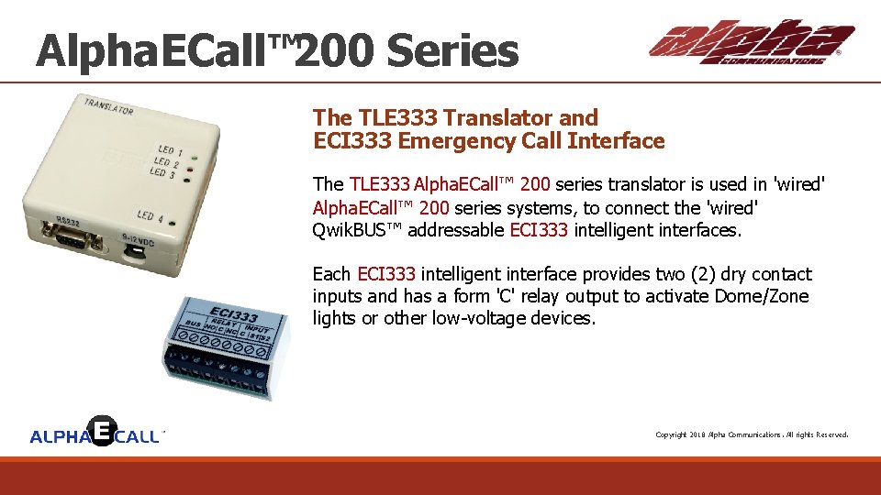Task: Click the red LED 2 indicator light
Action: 189,170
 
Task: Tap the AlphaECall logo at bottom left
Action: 96,433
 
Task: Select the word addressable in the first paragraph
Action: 455,230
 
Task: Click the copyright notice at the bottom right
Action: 751,434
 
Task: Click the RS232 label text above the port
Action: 68,221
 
